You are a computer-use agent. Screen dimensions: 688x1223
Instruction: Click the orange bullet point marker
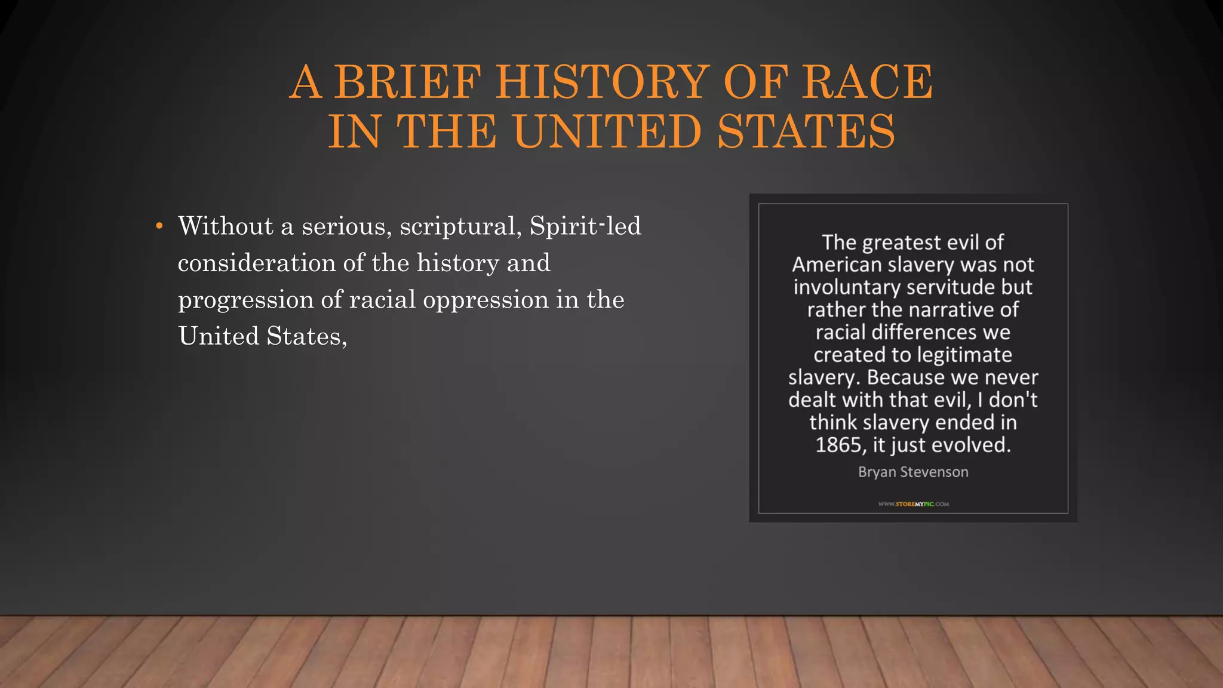pos(159,226)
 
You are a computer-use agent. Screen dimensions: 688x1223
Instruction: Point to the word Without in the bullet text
pos(226,226)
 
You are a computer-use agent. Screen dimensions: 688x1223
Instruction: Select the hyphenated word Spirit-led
pos(585,226)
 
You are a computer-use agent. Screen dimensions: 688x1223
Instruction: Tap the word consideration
pos(257,263)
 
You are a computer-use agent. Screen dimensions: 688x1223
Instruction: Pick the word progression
pos(246,300)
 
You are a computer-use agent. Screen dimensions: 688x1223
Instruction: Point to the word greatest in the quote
pos(902,242)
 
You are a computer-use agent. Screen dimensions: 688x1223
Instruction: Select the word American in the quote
pos(837,265)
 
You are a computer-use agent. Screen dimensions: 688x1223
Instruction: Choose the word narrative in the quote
pos(954,310)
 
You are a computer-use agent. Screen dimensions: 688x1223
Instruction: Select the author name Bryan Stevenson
pos(913,472)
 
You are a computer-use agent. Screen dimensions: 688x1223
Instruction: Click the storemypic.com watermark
pos(913,504)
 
